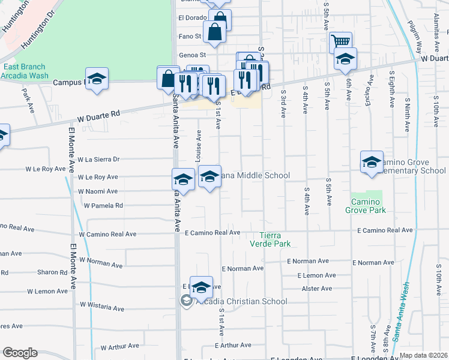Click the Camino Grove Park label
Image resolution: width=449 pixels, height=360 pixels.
pyautogui.click(x=365, y=206)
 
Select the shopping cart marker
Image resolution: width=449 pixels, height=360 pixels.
pyautogui.click(x=341, y=42)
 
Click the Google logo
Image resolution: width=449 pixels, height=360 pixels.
pyautogui.click(x=20, y=353)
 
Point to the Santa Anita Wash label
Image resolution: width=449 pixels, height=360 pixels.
pyautogui.click(x=400, y=312)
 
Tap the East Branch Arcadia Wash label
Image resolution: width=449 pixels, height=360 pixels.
pyautogui.click(x=25, y=71)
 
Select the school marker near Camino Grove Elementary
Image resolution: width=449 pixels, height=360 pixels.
pyautogui.click(x=372, y=163)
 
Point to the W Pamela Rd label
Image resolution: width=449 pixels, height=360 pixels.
pyautogui.click(x=103, y=205)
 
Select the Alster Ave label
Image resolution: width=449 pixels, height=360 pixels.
pyautogui.click(x=318, y=289)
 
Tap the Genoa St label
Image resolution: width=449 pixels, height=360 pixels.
pyautogui.click(x=192, y=55)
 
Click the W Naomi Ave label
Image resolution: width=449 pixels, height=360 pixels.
pyautogui.click(x=97, y=191)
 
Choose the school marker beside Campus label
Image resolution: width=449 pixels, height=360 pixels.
pyautogui.click(x=97, y=80)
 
